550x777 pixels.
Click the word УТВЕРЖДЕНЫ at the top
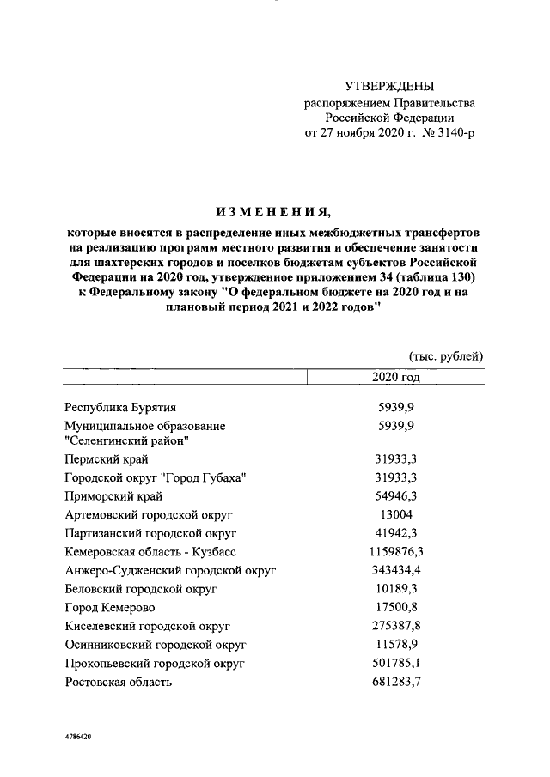(389, 86)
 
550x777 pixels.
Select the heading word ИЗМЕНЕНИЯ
(272, 212)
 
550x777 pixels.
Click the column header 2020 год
(395, 378)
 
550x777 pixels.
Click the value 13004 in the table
(396, 514)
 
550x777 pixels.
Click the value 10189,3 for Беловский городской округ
(396, 589)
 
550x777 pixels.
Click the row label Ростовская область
(119, 683)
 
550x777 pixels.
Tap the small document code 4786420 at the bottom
(77, 738)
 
